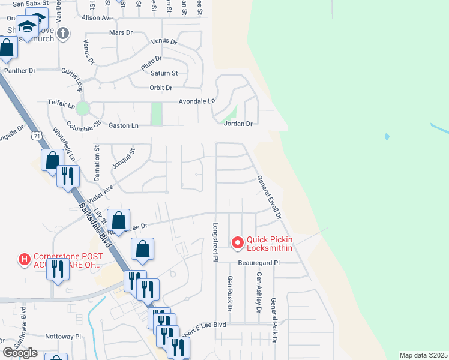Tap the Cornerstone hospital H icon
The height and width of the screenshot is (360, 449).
[25, 259]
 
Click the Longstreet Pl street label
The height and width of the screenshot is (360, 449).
[214, 241]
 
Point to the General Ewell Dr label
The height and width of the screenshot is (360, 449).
[269, 197]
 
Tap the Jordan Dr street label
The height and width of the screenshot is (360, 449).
[238, 124]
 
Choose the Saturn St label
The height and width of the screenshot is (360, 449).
[165, 73]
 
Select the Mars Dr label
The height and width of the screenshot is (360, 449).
[121, 32]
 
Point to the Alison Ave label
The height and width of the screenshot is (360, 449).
[97, 18]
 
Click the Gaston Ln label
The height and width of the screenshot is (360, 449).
[123, 125]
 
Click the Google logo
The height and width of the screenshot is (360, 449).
[20, 353]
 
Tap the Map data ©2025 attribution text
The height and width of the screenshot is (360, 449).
[424, 355]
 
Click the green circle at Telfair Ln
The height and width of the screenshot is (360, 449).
[83, 109]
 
